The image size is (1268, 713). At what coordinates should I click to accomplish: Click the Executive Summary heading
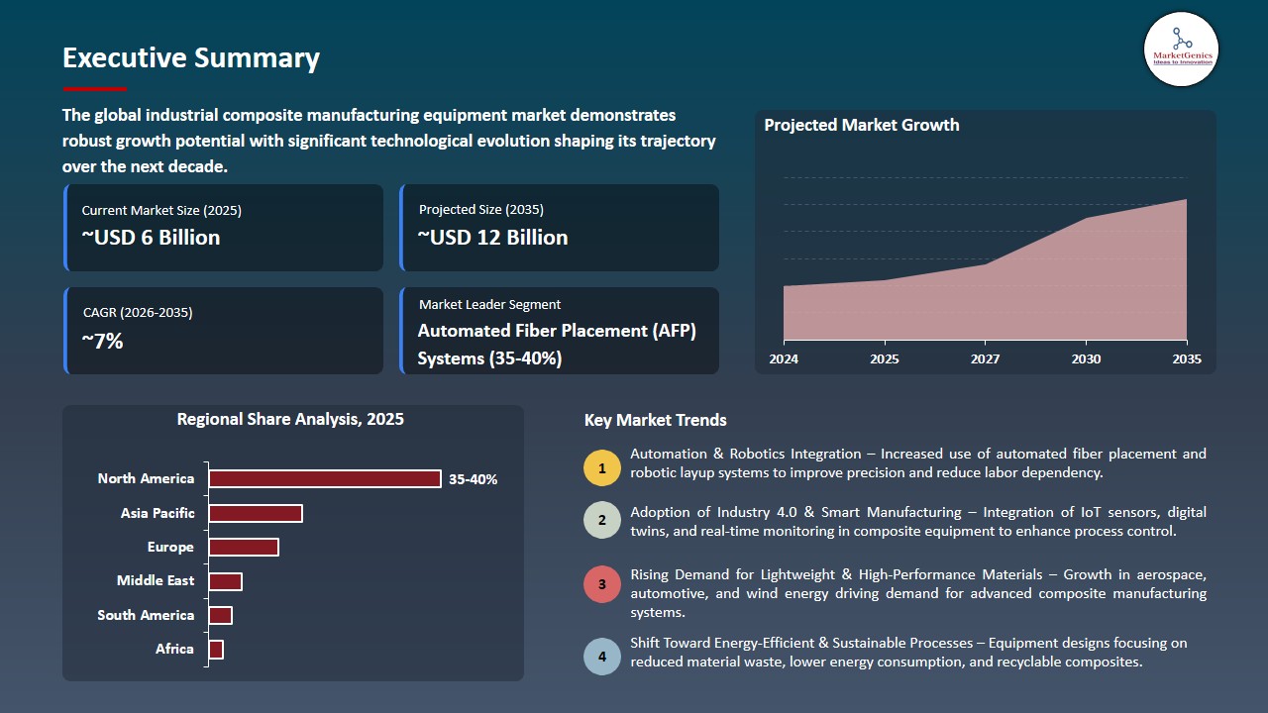[191, 58]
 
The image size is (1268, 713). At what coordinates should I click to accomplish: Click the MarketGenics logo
[1181, 49]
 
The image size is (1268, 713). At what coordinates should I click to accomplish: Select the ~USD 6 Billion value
[151, 238]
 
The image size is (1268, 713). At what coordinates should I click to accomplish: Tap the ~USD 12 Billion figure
[492, 238]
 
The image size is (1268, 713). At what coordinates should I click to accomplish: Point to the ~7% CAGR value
[102, 342]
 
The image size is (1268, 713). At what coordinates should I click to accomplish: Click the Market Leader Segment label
[489, 305]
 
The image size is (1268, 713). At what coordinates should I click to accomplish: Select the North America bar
[324, 479]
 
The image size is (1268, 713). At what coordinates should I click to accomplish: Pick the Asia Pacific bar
[255, 513]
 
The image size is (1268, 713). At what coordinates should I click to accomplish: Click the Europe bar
[243, 548]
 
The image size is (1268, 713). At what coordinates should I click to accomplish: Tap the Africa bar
[216, 650]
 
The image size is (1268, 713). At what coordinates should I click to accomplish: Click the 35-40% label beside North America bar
[473, 479]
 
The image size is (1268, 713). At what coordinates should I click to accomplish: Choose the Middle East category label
[156, 581]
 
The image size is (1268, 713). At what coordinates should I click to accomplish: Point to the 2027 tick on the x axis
[985, 359]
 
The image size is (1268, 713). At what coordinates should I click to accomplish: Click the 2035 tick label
[1186, 359]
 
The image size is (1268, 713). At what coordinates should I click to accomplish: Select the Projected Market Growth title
[861, 126]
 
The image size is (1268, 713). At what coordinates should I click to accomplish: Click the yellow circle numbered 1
[601, 467]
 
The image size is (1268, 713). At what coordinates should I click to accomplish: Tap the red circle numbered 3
[601, 584]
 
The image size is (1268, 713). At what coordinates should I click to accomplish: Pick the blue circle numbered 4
[601, 657]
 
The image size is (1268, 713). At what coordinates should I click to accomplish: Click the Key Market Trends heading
[655, 421]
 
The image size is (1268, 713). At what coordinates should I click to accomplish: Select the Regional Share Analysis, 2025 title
[290, 420]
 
